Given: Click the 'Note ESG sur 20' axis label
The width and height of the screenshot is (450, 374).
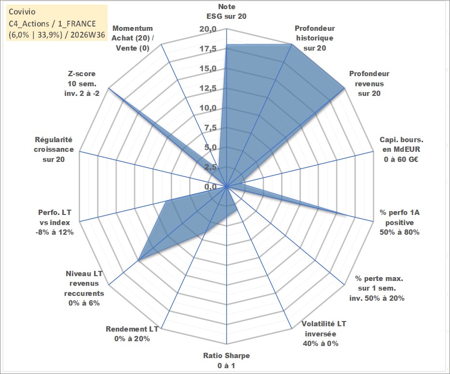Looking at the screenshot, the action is click(226, 12).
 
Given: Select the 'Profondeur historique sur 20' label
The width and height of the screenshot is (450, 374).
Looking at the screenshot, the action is click(314, 38).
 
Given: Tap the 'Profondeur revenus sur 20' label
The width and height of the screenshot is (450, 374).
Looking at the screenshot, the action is click(369, 83).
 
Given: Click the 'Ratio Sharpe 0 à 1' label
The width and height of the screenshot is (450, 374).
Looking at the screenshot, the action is click(226, 361).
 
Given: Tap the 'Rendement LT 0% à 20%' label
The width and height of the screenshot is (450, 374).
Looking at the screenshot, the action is click(132, 334).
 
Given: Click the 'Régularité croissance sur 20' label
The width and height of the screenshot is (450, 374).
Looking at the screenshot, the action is click(54, 149).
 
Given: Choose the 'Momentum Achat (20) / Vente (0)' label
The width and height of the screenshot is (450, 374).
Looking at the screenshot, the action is click(132, 38).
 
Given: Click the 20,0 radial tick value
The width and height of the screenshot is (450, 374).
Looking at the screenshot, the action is click(208, 29).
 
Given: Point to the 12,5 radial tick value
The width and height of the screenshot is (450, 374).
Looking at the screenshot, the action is click(208, 88).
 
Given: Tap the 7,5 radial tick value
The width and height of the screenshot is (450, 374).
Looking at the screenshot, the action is click(210, 128).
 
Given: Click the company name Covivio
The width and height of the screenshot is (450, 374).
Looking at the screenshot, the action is click(22, 12).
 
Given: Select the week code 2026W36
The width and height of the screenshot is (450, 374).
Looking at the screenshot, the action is click(88, 35).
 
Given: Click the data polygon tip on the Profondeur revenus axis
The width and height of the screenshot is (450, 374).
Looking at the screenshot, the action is click(344, 89).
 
